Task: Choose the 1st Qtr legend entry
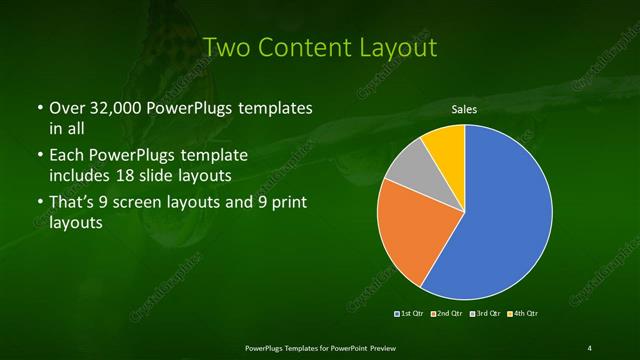click(412, 314)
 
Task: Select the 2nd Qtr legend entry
click(448, 314)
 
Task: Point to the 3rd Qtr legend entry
click(485, 314)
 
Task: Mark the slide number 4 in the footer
click(590, 347)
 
